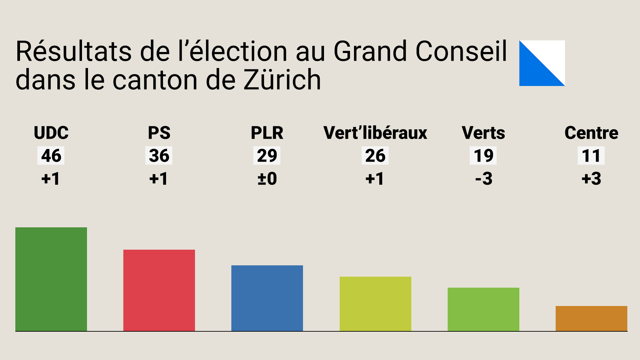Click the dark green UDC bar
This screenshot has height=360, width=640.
[x=51, y=279]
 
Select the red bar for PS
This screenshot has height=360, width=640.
[x=159, y=290]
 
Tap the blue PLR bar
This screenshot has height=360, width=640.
[x=267, y=298]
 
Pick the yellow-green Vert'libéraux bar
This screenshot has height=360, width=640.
[x=375, y=304]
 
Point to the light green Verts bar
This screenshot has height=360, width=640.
[x=483, y=309]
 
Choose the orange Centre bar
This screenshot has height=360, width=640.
[x=591, y=318]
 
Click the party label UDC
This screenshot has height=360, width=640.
[x=51, y=133]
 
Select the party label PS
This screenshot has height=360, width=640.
[x=159, y=133]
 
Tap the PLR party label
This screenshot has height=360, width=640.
[x=267, y=133]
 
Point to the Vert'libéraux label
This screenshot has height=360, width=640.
[x=375, y=133]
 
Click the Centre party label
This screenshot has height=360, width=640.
[x=591, y=133]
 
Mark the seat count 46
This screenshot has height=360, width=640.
[x=51, y=155]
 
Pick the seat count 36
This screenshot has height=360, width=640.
[x=159, y=155]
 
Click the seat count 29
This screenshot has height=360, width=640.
[x=267, y=155]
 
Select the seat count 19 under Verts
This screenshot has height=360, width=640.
[x=483, y=155]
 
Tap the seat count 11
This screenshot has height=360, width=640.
[x=591, y=155]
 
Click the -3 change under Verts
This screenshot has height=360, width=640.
[x=483, y=179]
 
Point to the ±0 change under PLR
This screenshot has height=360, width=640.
[x=267, y=179]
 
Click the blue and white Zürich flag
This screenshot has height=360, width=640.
[x=542, y=63]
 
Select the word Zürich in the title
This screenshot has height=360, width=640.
[x=282, y=80]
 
